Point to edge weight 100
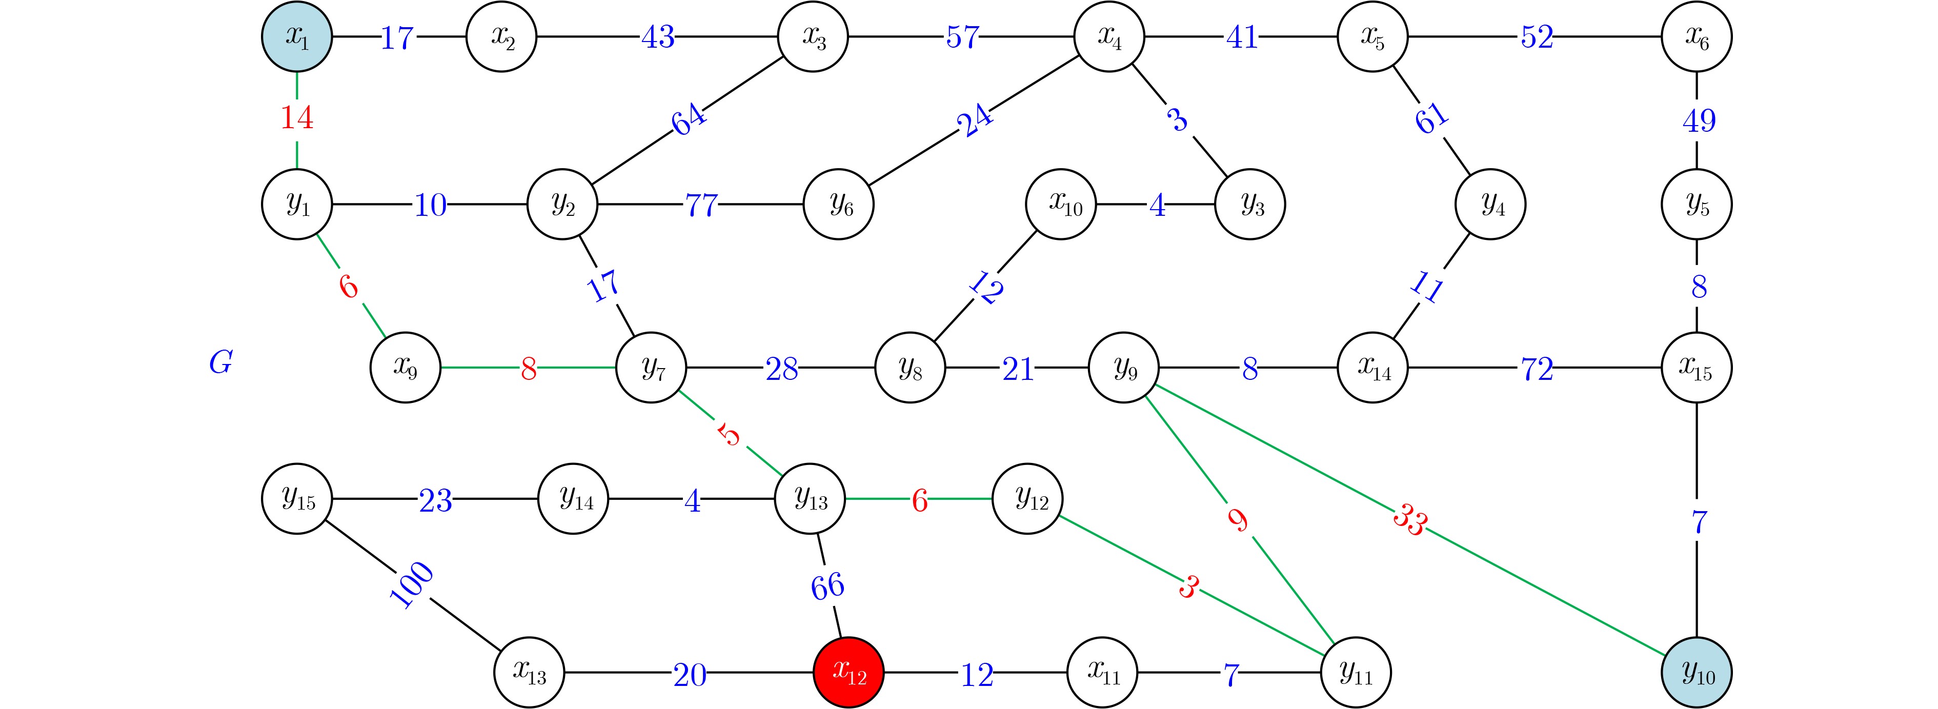412,585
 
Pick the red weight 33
1409,520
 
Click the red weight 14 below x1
297,118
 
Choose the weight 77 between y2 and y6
701,205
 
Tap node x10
1061,204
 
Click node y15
297,498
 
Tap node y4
1490,204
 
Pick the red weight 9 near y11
1238,520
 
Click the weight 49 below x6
1698,120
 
